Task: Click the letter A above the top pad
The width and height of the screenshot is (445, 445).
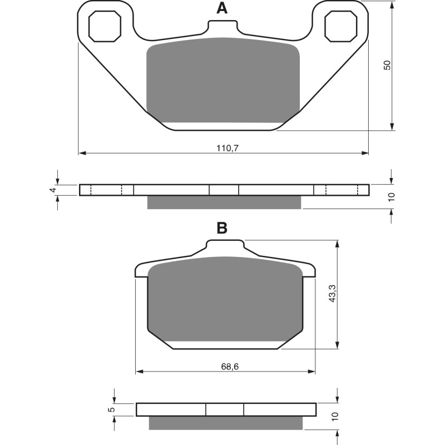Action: click(222, 8)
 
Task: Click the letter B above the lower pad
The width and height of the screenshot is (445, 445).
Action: click(222, 228)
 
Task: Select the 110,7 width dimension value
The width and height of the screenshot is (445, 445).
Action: click(224, 147)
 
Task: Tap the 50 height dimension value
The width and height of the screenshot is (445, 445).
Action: click(388, 65)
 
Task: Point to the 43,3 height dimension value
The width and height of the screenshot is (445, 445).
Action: click(332, 293)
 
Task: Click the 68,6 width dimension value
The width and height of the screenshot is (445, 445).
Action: click(226, 367)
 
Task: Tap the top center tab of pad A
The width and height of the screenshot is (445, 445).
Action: click(223, 27)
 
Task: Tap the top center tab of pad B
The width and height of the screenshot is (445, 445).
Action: click(225, 245)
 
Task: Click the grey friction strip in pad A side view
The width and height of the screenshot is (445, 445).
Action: click(224, 202)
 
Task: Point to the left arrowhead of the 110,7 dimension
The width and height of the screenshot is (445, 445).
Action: click(82, 152)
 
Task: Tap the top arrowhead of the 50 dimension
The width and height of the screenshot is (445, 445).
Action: click(392, 6)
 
